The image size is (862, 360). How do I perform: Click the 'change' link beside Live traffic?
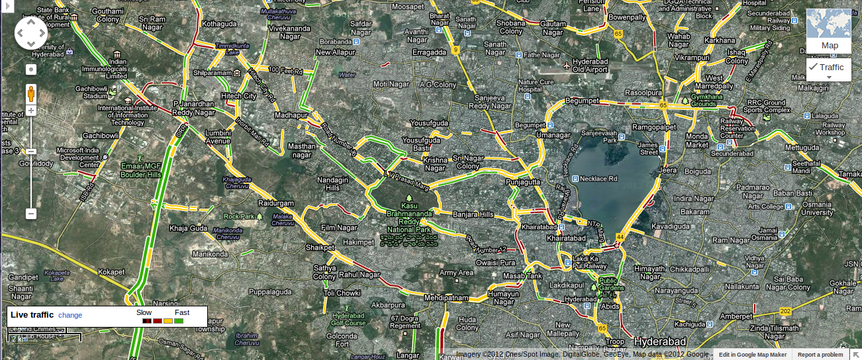(70, 315)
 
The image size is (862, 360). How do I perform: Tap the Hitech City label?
(238, 96)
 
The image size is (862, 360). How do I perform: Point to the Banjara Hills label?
(473, 214)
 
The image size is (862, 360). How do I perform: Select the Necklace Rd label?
(599, 179)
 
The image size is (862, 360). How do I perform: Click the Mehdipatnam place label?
(446, 297)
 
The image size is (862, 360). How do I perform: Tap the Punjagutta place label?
(523, 181)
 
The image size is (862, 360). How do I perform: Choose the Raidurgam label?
(275, 202)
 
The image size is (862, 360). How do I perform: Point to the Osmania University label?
(817, 208)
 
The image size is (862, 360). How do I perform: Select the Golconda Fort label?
(342, 339)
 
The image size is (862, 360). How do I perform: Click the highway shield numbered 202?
(785, 311)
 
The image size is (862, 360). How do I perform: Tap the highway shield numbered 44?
(620, 236)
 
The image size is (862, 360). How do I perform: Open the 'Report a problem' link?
(820, 355)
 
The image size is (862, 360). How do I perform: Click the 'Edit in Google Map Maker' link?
(753, 355)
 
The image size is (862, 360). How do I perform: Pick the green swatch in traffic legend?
(179, 321)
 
